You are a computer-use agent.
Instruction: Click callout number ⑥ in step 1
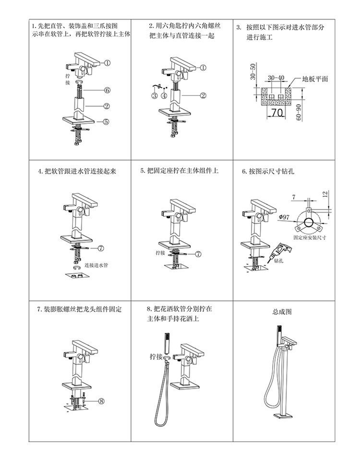pyautogui.click(x=108, y=90)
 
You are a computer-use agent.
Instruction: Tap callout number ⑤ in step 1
pyautogui.click(x=106, y=121)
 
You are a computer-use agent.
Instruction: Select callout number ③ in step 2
pyautogui.click(x=155, y=95)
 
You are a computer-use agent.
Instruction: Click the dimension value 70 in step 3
pyautogui.click(x=276, y=112)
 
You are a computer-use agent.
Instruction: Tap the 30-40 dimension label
pyautogui.click(x=276, y=78)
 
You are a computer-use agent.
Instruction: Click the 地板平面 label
pyautogui.click(x=315, y=79)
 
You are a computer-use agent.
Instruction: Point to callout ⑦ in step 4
pyautogui.click(x=100, y=248)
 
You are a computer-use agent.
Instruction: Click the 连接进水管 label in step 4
pyautogui.click(x=96, y=265)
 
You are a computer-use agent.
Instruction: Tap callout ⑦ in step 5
pyautogui.click(x=199, y=254)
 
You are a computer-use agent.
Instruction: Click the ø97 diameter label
pyautogui.click(x=284, y=217)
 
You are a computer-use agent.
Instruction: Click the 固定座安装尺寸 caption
pyautogui.click(x=310, y=237)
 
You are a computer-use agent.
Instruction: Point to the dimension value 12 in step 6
pyautogui.click(x=325, y=194)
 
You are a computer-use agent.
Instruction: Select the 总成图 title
pyautogui.click(x=282, y=312)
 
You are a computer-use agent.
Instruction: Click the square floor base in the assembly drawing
pyautogui.click(x=283, y=416)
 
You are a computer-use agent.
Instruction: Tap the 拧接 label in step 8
pyautogui.click(x=156, y=356)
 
